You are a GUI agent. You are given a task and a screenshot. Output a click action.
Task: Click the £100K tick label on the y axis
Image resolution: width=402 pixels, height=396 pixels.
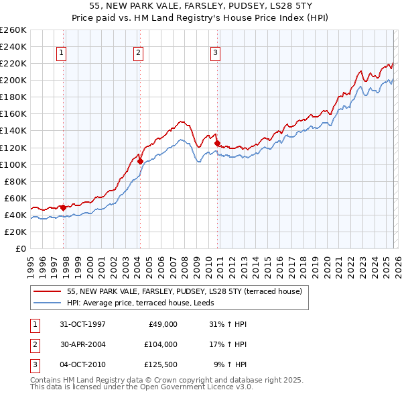point(13,164)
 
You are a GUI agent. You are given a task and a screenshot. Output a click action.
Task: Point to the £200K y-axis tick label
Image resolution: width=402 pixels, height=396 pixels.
point(13,80)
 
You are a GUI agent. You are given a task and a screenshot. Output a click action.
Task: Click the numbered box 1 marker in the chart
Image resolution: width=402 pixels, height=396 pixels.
point(61,53)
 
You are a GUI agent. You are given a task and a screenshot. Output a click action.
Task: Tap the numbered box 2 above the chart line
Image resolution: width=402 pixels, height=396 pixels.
point(138,53)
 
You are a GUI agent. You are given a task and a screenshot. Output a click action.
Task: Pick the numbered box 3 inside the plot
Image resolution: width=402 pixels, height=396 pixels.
point(215,53)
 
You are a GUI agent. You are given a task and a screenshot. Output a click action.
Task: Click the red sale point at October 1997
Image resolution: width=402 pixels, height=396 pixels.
point(64,207)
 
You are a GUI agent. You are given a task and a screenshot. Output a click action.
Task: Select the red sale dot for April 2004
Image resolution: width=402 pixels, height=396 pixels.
point(140,161)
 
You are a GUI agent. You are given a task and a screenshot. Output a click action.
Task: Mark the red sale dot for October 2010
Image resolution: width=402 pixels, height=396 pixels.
point(217,143)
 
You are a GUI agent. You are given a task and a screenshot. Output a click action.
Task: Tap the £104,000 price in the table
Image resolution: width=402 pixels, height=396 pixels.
point(160,344)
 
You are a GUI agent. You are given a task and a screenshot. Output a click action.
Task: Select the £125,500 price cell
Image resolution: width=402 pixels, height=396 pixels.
point(160,364)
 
